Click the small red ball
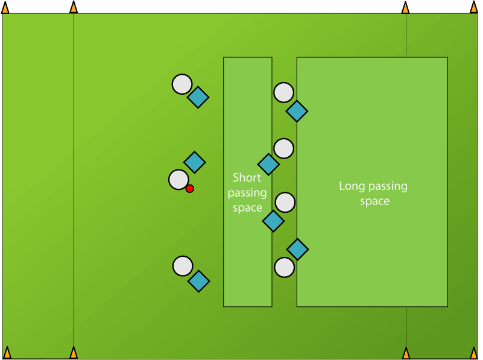click(189, 189)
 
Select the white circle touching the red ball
click(178, 180)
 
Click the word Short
click(247, 178)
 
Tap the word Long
click(351, 186)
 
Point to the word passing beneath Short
click(247, 193)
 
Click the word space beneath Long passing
click(374, 201)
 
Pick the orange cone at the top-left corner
click(5, 8)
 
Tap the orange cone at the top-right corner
click(474, 8)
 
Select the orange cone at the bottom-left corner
click(7, 353)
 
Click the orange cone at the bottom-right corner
click(474, 353)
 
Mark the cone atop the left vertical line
click(74, 8)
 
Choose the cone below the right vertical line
click(406, 353)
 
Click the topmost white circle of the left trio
click(182, 84)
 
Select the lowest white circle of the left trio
click(183, 266)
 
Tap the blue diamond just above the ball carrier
click(194, 162)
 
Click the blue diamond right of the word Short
click(268, 164)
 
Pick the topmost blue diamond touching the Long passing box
click(297, 111)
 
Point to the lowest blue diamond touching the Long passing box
click(297, 249)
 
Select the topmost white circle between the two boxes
click(283, 93)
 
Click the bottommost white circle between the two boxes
click(284, 267)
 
